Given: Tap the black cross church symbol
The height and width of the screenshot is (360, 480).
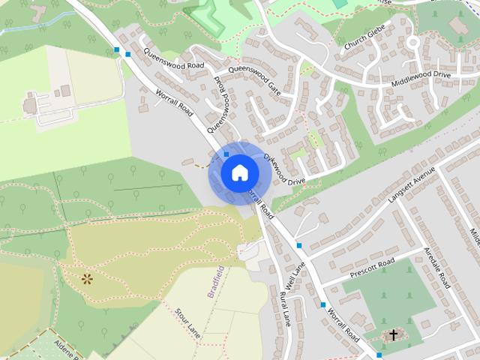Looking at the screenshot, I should [x=392, y=335].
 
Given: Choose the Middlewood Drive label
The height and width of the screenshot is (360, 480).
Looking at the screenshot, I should [x=421, y=81].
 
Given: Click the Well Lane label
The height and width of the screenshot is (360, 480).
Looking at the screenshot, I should [x=298, y=278].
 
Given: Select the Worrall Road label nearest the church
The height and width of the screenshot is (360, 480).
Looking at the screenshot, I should [x=342, y=330].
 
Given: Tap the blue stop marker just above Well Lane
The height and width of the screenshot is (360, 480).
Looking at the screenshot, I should [x=299, y=245].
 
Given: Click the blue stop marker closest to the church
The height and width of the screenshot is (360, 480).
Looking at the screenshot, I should [x=379, y=355].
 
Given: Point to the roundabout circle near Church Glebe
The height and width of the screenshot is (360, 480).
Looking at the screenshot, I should [x=412, y=43].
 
